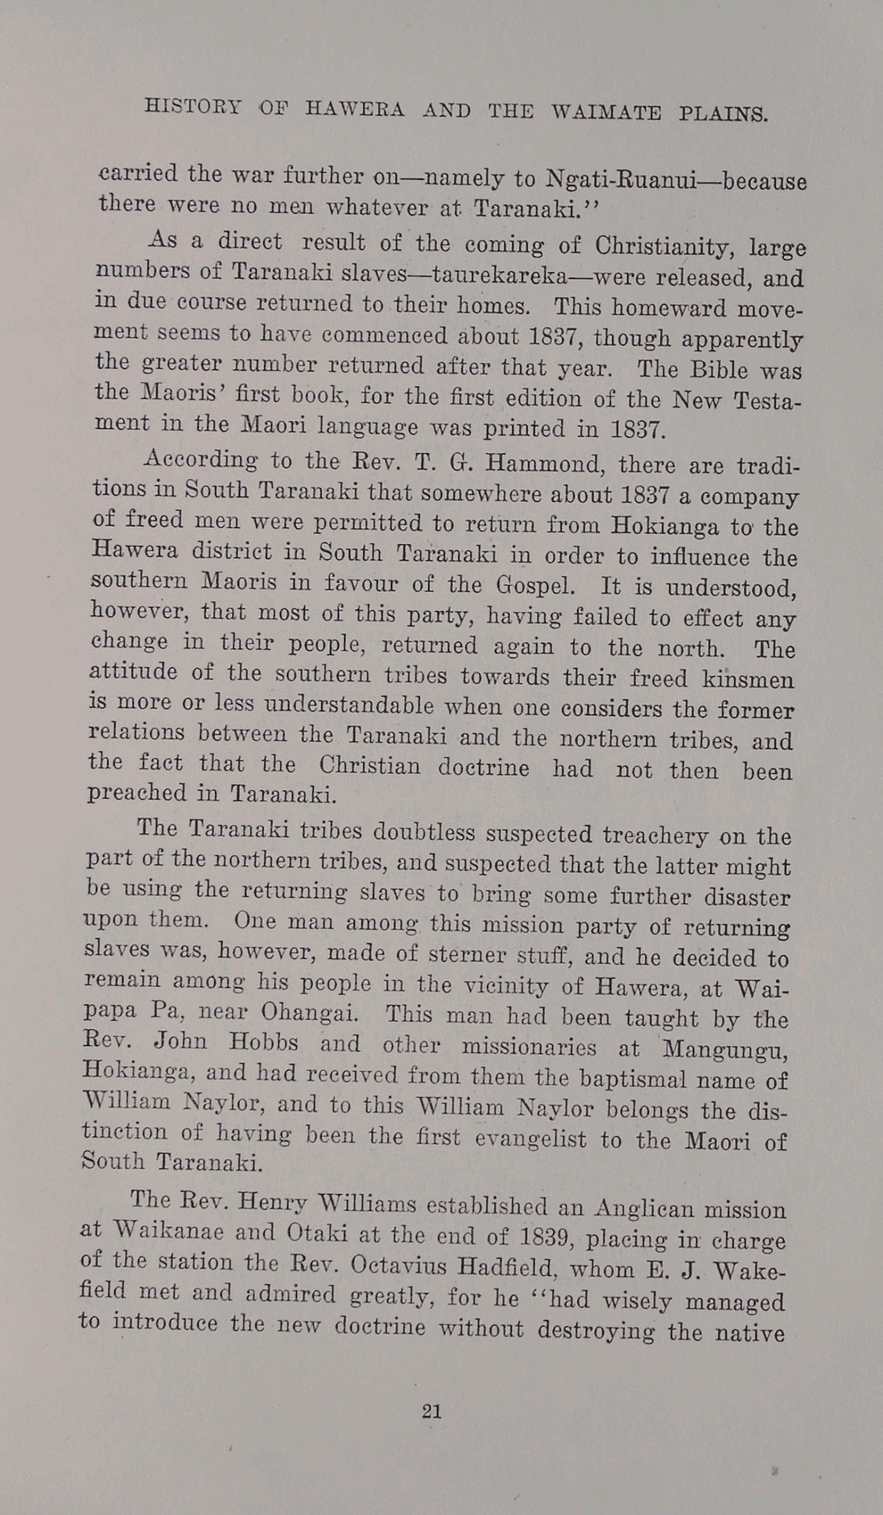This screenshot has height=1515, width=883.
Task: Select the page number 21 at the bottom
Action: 432,1411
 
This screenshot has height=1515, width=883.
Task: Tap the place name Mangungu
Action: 724,1049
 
